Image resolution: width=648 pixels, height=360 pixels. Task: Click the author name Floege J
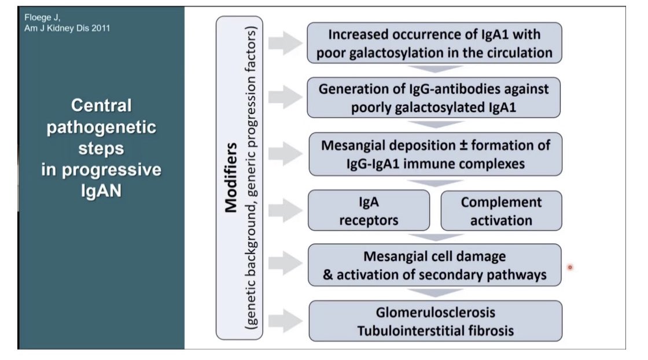[x=42, y=18]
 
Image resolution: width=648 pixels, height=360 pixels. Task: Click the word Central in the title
[x=101, y=105]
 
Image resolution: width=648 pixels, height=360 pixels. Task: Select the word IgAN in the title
[x=101, y=191]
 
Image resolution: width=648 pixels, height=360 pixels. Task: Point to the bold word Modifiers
[x=231, y=178]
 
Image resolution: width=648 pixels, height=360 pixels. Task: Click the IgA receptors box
[x=369, y=210]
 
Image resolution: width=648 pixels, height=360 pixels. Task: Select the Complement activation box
[x=501, y=211]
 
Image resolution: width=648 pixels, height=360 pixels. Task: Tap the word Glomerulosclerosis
[x=435, y=313]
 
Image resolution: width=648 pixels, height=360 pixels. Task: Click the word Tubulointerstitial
[x=413, y=330]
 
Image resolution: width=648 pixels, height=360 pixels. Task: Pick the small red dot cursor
[x=570, y=267]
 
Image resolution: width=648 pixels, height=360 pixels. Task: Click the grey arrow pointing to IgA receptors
[x=286, y=210]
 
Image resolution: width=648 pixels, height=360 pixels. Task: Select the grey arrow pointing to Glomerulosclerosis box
[x=286, y=320]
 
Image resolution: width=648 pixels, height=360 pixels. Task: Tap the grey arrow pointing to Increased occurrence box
[x=286, y=43]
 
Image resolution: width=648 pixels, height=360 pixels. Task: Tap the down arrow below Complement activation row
[x=435, y=237]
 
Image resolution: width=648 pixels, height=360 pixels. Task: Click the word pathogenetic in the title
[x=101, y=127]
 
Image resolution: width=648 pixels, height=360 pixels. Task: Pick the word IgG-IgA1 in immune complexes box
[x=373, y=164]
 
